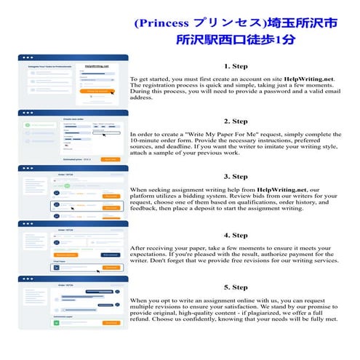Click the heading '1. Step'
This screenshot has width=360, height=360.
(x=236, y=65)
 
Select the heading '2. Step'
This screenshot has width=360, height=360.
(x=236, y=121)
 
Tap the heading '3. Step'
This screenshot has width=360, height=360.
(x=236, y=176)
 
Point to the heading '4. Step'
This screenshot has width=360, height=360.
(x=236, y=235)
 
